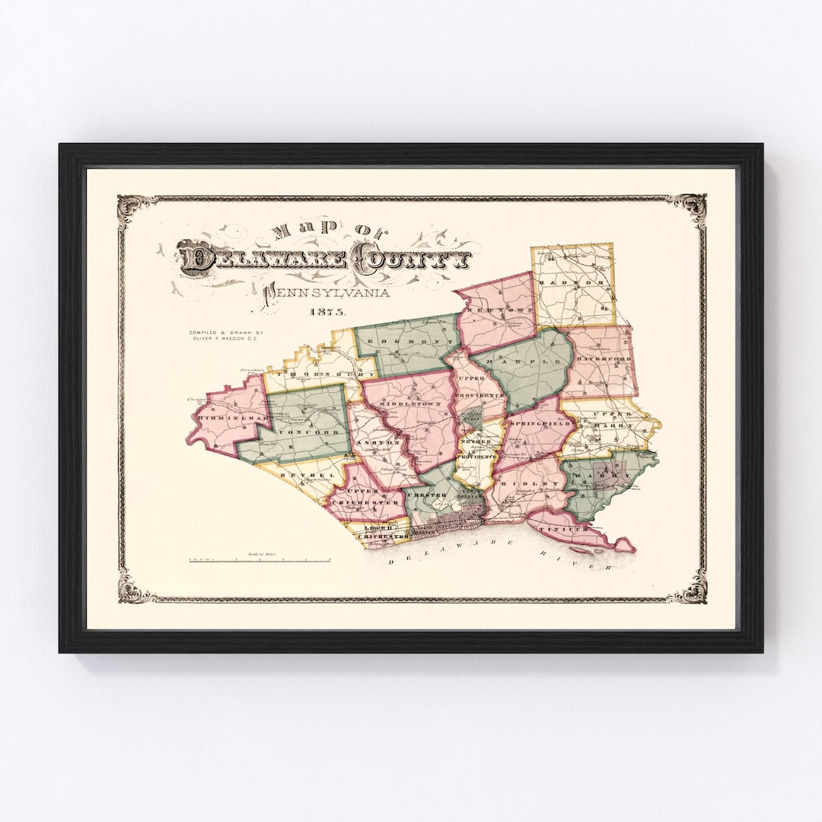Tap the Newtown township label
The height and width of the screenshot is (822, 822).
tap(491, 312)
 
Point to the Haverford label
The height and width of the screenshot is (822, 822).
tap(601, 358)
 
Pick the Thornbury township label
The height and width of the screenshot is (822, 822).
tap(320, 374)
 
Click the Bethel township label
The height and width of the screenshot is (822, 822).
tap(297, 474)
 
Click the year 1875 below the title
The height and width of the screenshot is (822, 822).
tap(327, 312)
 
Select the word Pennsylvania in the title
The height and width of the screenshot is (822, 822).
tap(327, 293)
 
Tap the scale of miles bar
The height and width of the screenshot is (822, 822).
tap(260, 561)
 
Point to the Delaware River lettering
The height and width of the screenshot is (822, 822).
tap(499, 563)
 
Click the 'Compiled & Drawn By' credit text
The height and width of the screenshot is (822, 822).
tap(226, 336)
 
